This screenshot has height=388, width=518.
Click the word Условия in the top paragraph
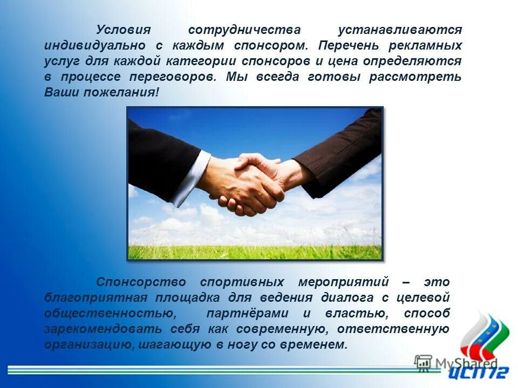coord(122,30)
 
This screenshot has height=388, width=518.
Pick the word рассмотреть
coord(415,77)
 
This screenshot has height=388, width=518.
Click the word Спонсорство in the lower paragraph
coord(141,282)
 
